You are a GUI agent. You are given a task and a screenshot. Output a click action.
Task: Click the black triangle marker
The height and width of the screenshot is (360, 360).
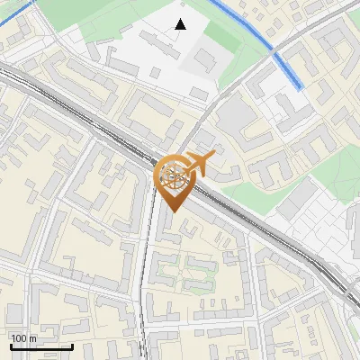coord(181,24)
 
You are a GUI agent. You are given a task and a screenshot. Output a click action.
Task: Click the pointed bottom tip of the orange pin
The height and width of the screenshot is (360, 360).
coord(172,211)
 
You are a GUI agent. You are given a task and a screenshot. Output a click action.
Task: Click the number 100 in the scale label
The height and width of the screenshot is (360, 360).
coord(19,338)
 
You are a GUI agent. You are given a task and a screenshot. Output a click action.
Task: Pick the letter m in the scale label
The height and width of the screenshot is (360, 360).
coord(33,338)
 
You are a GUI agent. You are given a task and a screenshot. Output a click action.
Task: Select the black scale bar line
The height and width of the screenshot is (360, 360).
coord(41,346)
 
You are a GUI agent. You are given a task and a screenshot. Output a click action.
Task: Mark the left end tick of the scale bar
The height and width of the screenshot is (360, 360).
coord(11,345)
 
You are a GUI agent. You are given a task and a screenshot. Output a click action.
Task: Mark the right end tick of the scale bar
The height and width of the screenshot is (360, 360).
coord(72,345)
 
